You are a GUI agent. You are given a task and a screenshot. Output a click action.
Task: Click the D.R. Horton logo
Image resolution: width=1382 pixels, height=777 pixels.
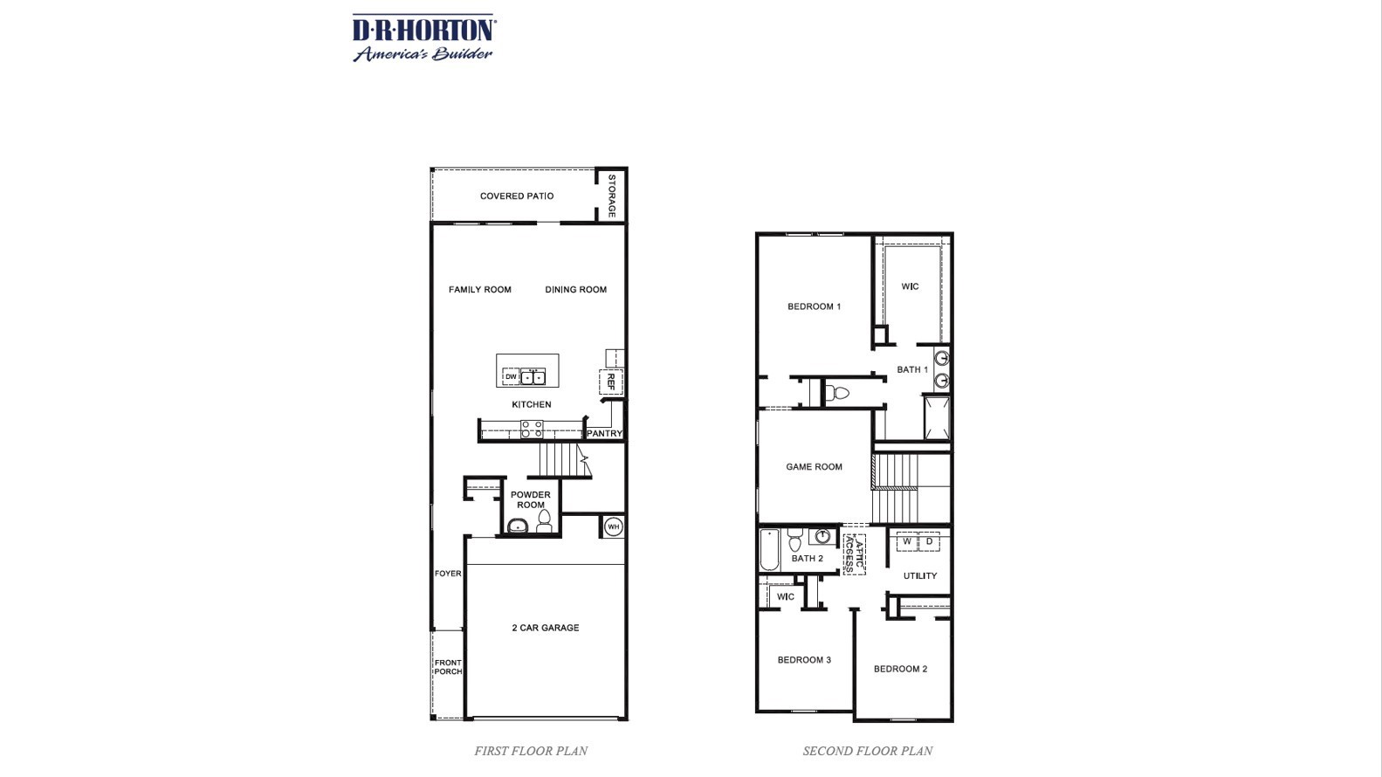coord(423,38)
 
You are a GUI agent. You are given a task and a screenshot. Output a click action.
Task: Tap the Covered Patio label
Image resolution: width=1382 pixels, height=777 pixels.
coord(516,196)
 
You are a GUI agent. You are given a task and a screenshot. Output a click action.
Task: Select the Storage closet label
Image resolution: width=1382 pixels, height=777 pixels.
coord(612,196)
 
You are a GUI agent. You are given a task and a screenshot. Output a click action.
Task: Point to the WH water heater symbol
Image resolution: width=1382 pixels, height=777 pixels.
coord(613,526)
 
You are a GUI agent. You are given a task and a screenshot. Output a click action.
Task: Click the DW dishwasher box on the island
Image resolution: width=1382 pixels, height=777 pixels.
coord(511,377)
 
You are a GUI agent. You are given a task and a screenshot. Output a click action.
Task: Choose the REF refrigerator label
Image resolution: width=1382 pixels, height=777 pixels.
coord(611,382)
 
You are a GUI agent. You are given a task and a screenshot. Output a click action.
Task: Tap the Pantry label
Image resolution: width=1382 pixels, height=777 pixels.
coord(604,433)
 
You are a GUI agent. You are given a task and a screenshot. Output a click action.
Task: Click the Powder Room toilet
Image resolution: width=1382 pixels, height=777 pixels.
coord(545,522)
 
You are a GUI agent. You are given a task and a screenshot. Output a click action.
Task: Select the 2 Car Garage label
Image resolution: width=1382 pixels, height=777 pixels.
coord(545,628)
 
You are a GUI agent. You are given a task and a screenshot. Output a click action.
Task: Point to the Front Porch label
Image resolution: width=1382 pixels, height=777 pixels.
coord(448,667)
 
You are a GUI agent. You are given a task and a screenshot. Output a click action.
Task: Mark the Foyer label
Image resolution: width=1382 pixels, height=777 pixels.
coord(448,574)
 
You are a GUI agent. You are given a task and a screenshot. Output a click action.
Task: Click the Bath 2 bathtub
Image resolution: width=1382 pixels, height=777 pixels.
coord(769,550)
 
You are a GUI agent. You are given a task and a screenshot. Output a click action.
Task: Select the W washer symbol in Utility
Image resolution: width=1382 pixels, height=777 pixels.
coord(907,542)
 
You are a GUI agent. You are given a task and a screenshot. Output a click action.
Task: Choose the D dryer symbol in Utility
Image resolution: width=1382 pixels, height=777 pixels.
coord(929,542)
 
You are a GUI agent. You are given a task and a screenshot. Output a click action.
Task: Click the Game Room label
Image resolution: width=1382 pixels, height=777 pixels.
coord(814,467)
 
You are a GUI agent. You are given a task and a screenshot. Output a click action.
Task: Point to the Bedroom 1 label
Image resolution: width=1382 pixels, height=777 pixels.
coord(814,306)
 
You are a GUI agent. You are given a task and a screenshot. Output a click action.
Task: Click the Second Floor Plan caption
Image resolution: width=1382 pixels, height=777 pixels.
coord(867,751)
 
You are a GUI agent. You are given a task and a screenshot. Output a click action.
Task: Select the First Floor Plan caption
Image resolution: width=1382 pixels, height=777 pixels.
coord(531,751)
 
